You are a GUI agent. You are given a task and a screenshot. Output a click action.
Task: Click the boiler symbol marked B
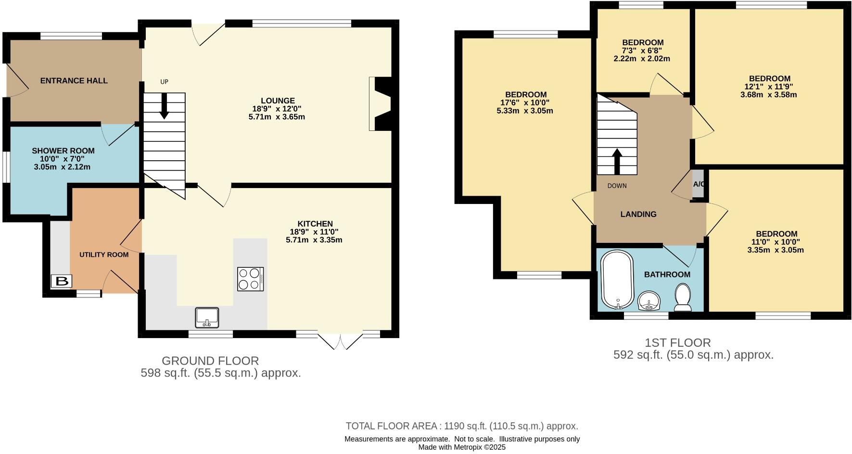pyautogui.click(x=62, y=281)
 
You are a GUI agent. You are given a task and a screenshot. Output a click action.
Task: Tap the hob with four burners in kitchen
pyautogui.click(x=250, y=279)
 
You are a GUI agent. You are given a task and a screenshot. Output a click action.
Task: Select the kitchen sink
pyautogui.click(x=207, y=317)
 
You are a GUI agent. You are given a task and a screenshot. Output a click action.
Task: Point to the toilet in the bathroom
pyautogui.click(x=683, y=298)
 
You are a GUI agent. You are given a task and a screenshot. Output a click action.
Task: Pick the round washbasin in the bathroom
pyautogui.click(x=649, y=302)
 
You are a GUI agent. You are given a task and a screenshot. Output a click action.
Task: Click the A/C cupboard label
pyautogui.click(x=699, y=184)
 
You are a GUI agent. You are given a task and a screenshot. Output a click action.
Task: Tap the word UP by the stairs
pyautogui.click(x=164, y=82)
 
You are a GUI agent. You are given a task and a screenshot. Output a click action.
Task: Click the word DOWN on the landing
pyautogui.click(x=617, y=186)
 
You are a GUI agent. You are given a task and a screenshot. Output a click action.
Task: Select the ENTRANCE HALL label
pyautogui.click(x=74, y=81)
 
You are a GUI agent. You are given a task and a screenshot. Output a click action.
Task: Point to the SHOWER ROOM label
pyautogui.click(x=63, y=151)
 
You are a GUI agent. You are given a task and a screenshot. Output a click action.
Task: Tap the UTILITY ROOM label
pyautogui.click(x=104, y=254)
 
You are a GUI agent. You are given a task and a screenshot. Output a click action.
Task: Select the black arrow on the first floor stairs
pyautogui.click(x=616, y=161)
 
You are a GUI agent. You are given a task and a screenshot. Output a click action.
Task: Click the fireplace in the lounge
pyautogui.click(x=380, y=103)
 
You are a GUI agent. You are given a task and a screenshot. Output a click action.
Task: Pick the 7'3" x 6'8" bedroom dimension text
pyautogui.click(x=642, y=50)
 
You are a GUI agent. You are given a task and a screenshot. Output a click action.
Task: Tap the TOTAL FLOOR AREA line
pyautogui.click(x=461, y=426)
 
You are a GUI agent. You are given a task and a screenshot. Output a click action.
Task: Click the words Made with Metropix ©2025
pyautogui.click(x=461, y=447)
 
